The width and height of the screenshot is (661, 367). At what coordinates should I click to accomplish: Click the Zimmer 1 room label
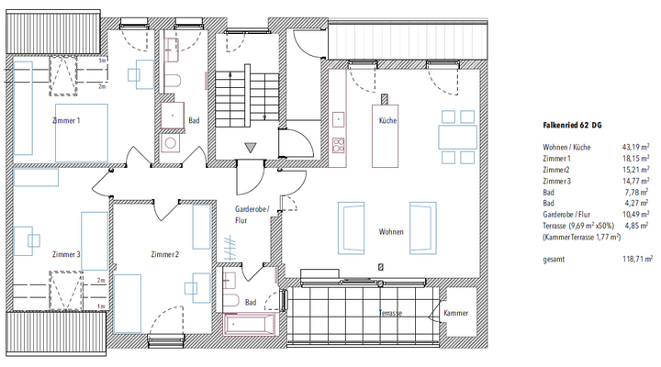pos(66,120)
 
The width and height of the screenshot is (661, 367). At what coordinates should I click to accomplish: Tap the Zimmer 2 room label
pos(165,254)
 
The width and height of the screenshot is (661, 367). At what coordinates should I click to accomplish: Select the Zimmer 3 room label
pos(66,254)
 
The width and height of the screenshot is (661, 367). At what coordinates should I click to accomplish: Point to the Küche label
pos(387,120)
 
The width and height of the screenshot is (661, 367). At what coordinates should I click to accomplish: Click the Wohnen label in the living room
pos(391,232)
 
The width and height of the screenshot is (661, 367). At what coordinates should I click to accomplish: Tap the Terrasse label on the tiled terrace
pos(390,313)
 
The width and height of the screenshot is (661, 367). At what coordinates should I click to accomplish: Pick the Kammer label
pos(455,313)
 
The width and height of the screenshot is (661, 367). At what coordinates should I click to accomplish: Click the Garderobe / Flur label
pos(252,215)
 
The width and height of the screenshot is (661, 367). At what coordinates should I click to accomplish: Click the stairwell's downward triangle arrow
pos(251,148)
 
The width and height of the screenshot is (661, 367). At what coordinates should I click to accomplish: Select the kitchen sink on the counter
pos(338,119)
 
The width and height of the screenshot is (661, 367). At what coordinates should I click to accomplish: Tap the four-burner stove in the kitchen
pos(339,145)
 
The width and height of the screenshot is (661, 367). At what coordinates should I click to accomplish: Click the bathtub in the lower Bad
pos(250,325)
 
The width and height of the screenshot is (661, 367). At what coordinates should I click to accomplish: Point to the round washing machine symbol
pos(171,143)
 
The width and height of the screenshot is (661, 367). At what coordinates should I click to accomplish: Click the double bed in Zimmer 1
pos(82,133)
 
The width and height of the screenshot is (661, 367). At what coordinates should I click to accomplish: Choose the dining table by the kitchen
pos(458,137)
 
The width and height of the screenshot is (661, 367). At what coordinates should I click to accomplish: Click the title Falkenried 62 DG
pos(572,125)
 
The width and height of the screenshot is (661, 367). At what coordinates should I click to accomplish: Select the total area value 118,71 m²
pos(638,259)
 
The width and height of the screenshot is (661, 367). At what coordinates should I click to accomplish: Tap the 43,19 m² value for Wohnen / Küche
pos(635,147)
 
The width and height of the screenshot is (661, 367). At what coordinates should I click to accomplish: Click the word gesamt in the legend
pos(554,259)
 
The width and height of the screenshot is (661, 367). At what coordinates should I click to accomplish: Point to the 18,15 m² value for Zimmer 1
pos(635,159)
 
